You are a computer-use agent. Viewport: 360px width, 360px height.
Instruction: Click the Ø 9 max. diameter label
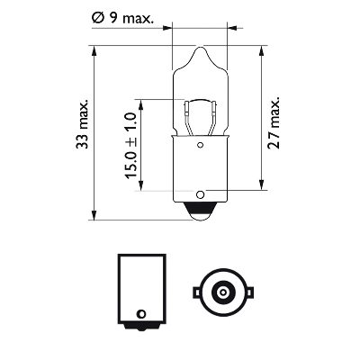122,18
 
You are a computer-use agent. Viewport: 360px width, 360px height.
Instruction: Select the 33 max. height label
82,124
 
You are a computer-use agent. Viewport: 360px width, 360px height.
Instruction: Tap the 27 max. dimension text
274,123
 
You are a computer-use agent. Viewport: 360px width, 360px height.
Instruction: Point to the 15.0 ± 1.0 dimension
130,146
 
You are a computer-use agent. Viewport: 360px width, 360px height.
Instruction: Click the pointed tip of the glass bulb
200,47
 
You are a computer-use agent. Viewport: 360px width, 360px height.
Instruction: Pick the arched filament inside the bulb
200,102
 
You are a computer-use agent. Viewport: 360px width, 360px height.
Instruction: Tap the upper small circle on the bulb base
200,146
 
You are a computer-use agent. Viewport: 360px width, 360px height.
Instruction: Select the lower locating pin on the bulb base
200,194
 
